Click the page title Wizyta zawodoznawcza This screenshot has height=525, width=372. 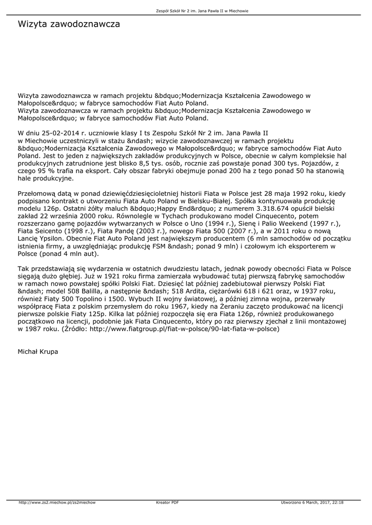click(69, 24)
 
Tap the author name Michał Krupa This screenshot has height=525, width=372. click(38, 352)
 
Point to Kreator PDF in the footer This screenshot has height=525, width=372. click(167, 502)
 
